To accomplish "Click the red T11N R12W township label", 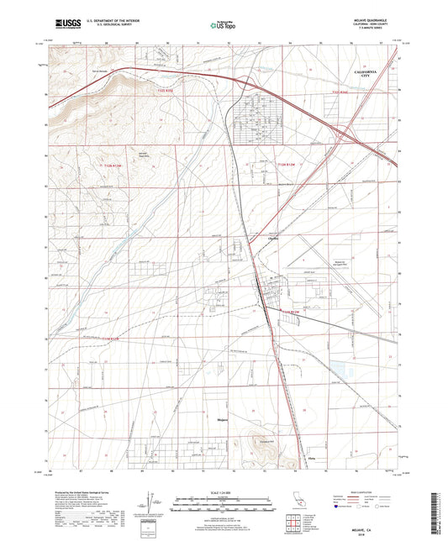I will tap(289, 313).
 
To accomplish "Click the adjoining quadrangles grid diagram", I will tap(295, 525).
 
